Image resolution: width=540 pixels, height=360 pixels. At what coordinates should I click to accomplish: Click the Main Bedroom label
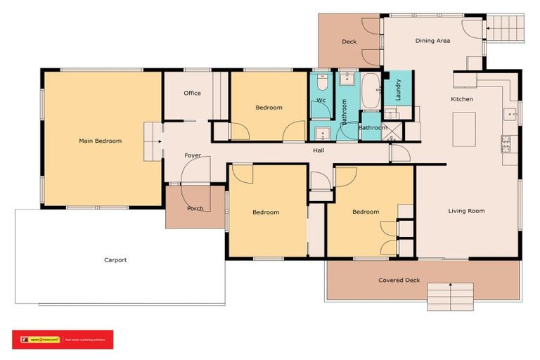(100, 141)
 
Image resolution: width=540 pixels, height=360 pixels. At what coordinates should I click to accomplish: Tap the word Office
(192, 94)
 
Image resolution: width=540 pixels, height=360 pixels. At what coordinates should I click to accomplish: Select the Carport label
(115, 260)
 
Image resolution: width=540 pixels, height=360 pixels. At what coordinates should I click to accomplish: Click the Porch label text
(195, 209)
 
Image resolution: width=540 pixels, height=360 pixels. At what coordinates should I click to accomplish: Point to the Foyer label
(193, 155)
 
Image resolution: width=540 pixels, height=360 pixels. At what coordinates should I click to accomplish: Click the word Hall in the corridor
(319, 150)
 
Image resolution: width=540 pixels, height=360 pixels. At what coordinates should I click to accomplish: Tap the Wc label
(321, 101)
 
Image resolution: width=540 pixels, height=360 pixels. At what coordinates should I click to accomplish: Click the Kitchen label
(462, 99)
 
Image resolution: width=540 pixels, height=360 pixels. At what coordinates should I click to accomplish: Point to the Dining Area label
(432, 41)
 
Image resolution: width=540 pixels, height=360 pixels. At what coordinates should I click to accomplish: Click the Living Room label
(466, 211)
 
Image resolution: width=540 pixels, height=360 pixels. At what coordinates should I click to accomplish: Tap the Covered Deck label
(399, 281)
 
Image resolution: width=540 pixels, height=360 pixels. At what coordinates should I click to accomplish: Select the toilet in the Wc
(321, 84)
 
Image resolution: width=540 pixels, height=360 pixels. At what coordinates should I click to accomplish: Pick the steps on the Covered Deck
(450, 295)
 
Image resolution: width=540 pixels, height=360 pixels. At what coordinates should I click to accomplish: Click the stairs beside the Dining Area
(505, 28)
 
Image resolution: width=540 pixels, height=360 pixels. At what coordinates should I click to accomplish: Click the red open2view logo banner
(63, 340)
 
